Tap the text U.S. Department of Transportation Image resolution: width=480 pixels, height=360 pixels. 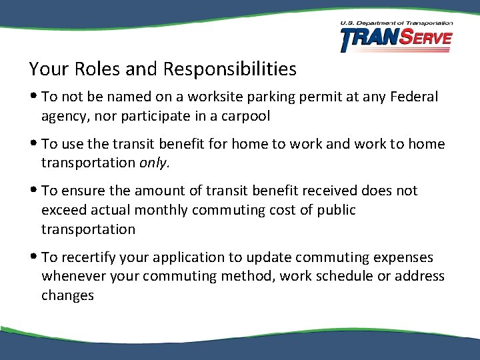pyautogui.click(x=396, y=23)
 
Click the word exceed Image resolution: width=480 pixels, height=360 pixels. pyautogui.click(x=63, y=210)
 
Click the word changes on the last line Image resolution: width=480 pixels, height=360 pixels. pyautogui.click(x=67, y=295)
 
